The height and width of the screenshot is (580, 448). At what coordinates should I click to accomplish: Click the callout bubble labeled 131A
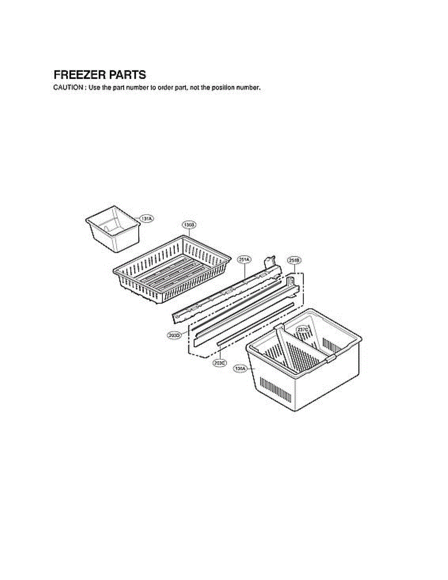[x=146, y=219]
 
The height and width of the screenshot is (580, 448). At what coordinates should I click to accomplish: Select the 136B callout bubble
[x=189, y=225]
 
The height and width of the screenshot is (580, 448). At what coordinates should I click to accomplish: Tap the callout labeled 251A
[x=244, y=260]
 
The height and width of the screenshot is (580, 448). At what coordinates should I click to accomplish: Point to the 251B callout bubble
[x=294, y=260]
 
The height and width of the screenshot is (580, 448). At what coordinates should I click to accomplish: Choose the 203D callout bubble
[x=174, y=334]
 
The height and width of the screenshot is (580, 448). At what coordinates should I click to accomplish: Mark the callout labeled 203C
[x=220, y=362]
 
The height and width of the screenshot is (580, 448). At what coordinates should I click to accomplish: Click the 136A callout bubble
[x=240, y=369]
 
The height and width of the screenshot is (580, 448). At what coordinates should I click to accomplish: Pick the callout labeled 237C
[x=303, y=330]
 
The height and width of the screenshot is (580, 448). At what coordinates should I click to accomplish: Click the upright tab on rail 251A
[x=269, y=263]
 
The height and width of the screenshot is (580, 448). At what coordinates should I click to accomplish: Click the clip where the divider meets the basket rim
[x=330, y=359]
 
